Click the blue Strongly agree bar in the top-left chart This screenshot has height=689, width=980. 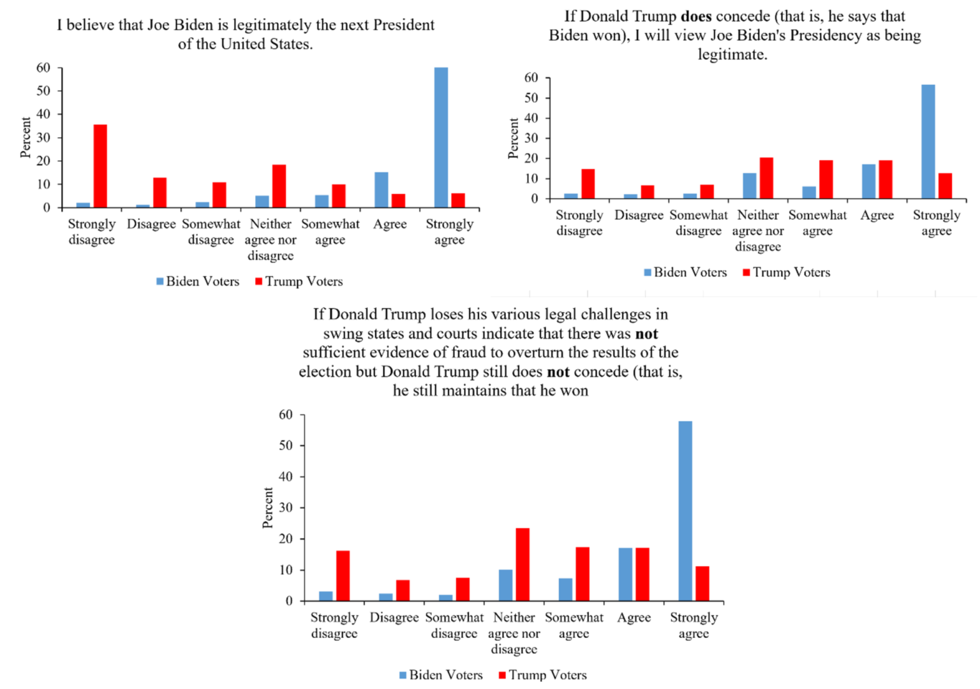(x=441, y=137)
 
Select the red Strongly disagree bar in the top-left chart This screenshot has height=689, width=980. (x=100, y=166)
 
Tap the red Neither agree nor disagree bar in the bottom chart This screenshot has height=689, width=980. (x=523, y=565)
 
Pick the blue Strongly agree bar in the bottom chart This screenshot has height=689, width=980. (x=685, y=510)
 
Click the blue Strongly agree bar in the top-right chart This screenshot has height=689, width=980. (x=928, y=142)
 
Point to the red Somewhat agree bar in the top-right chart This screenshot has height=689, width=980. (x=826, y=179)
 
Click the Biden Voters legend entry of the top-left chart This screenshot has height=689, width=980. (x=198, y=281)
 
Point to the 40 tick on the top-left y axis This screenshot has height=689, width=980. (x=43, y=114)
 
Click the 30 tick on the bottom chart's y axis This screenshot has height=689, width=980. (x=286, y=508)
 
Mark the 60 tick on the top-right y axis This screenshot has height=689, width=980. (x=531, y=78)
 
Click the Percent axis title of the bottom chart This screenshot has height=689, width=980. (x=267, y=508)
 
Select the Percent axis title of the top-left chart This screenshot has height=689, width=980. (x=25, y=137)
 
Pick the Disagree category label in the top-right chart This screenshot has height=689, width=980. (x=639, y=216)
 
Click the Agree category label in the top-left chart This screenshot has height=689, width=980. (x=390, y=225)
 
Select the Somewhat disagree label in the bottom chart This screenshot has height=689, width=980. (x=454, y=625)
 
